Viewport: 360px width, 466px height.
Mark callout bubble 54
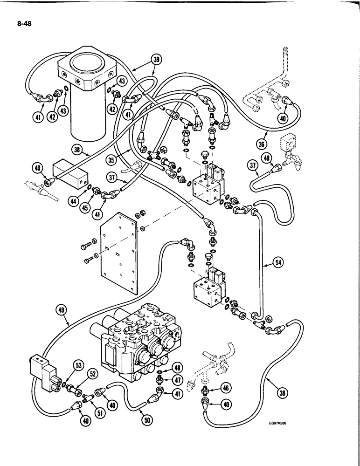[278, 263]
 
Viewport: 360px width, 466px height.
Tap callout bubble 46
[225, 386]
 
